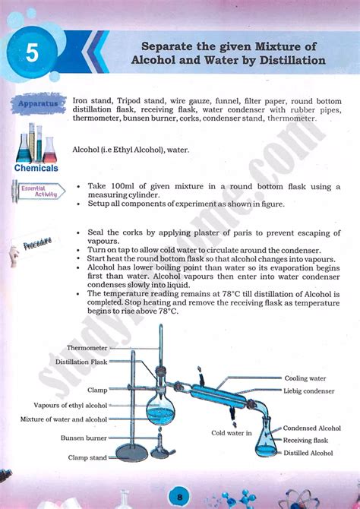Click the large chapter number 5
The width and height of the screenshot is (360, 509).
(30, 54)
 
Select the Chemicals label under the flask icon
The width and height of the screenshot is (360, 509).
(36, 167)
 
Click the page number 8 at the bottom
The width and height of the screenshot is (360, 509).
(179, 495)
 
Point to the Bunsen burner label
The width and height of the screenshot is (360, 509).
(84, 438)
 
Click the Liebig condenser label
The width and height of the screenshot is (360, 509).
(309, 390)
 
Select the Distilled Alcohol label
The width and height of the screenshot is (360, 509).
(308, 453)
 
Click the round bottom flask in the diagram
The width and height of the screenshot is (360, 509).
(161, 413)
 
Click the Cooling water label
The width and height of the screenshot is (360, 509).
(305, 378)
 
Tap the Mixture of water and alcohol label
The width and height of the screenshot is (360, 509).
(64, 419)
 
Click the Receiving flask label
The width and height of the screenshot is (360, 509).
(305, 440)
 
